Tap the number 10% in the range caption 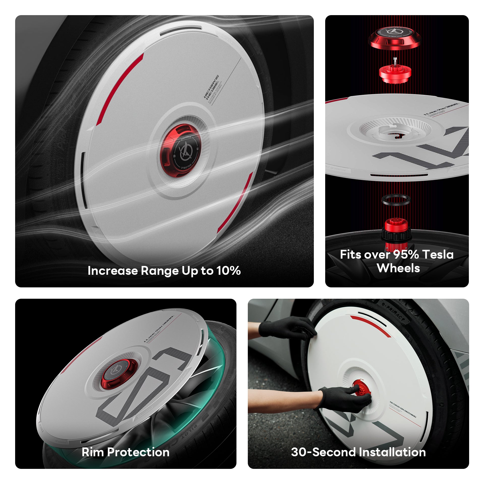[228, 271]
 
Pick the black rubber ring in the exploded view [396, 200]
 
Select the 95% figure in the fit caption [406, 254]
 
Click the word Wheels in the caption [398, 268]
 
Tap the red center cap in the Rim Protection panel [119, 373]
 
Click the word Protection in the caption [138, 452]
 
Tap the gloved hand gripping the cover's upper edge [287, 328]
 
